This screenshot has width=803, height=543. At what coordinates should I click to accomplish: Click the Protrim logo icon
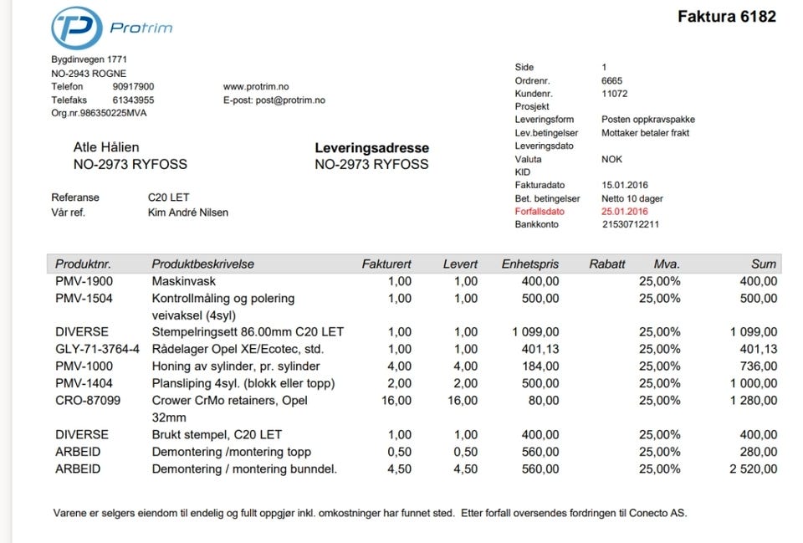pos(77,28)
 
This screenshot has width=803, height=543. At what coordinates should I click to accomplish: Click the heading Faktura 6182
pos(726,17)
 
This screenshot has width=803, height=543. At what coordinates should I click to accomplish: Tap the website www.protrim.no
pos(256,87)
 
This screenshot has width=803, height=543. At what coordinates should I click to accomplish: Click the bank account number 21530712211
pos(630,224)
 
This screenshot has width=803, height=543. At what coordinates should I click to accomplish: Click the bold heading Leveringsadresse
pos(371,148)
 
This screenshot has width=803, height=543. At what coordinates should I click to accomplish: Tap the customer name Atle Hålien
pos(106,148)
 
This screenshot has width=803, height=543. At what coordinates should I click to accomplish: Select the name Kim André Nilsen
pos(187,213)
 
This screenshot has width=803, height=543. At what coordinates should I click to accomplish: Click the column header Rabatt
pos(606,264)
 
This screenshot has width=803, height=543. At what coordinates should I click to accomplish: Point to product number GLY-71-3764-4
pos(97,349)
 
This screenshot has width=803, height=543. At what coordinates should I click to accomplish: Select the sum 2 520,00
pos(753,469)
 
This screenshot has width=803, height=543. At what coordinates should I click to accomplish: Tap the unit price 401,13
pos(540,349)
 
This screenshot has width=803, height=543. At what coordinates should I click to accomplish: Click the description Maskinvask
pos(183,281)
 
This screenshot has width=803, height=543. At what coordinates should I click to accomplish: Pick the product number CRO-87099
pos(88,401)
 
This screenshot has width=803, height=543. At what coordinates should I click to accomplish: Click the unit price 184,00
pos(540,366)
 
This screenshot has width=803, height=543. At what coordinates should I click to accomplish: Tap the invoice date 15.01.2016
pos(624,185)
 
